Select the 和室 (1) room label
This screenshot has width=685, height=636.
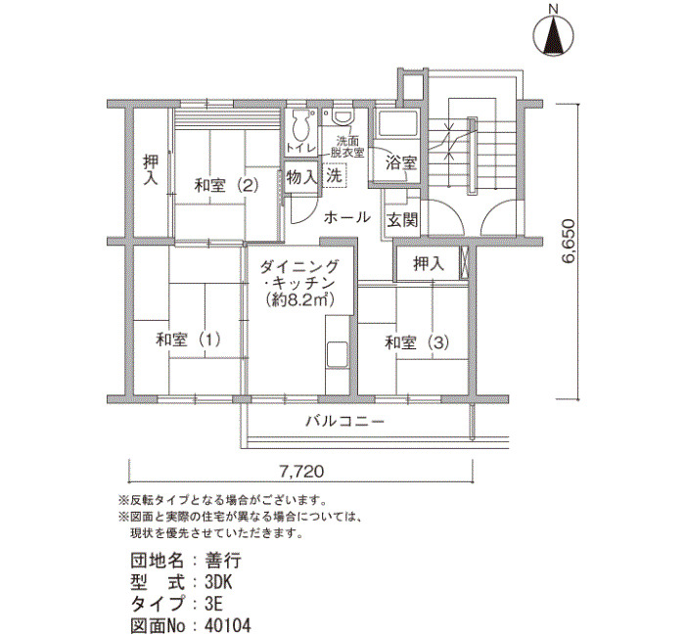[x=188, y=340]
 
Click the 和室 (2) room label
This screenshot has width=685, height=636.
[x=227, y=185]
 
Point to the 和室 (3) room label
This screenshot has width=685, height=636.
[x=417, y=342]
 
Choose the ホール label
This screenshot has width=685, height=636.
[x=347, y=217]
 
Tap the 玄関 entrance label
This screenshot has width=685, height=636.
[x=402, y=220]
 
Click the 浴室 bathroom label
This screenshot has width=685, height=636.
[x=401, y=163]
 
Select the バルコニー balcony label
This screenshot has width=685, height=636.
[x=344, y=422]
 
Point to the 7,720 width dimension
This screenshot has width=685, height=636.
[x=301, y=472]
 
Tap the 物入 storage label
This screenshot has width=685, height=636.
[x=301, y=177]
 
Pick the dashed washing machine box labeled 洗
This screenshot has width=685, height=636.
[x=335, y=175]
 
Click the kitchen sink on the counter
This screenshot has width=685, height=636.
[x=337, y=355]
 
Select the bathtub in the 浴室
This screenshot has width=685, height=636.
[x=398, y=123]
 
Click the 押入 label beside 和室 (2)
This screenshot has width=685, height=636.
[x=151, y=170]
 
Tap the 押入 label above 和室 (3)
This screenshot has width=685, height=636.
[x=429, y=263]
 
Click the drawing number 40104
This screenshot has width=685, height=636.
[x=228, y=625]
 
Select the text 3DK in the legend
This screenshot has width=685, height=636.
[x=218, y=582]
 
